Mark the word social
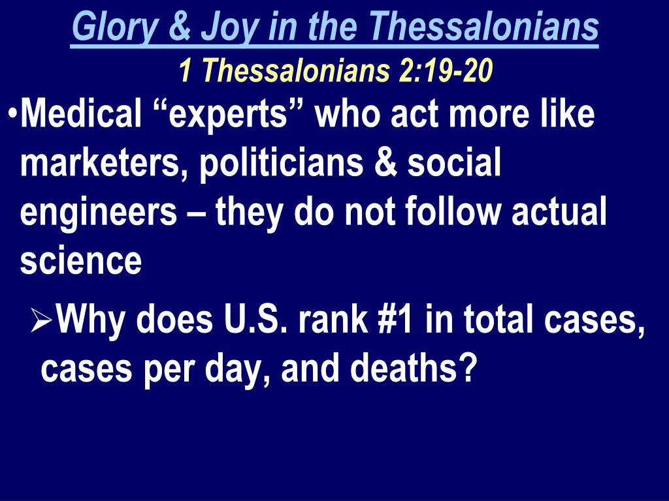(454, 164)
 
